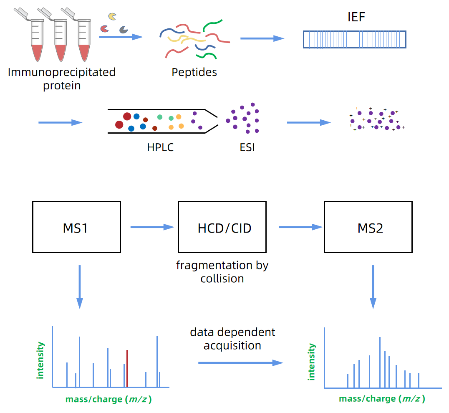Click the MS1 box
tap(76, 227)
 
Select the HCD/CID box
tap(222, 227)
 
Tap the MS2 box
tap(368, 227)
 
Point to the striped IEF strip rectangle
tap(354, 39)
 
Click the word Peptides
tap(194, 72)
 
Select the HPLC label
tap(160, 147)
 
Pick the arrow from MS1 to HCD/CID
tap(152, 227)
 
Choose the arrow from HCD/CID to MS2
tap(300, 227)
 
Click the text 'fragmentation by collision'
tap(222, 272)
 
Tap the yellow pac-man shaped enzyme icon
tap(112, 16)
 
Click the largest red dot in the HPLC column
tap(127, 117)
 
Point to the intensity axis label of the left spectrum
tap(40, 360)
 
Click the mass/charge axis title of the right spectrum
tap(382, 399)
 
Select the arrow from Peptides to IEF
tap(262, 38)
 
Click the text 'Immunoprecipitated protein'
tap(62, 79)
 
